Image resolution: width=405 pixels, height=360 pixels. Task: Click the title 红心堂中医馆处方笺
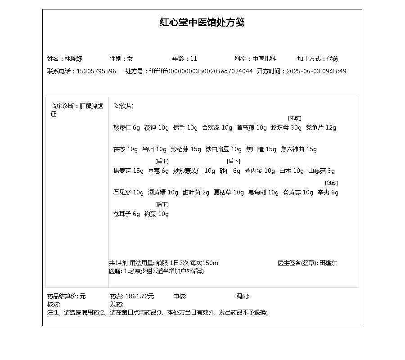[x=202, y=22]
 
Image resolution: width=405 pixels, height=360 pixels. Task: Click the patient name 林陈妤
[x=73, y=58]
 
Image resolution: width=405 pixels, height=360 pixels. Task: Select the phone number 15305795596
[x=96, y=71]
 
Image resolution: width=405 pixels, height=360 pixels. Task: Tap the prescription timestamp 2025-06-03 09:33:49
[x=316, y=71]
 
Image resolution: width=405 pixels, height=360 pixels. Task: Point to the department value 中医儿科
[x=264, y=58]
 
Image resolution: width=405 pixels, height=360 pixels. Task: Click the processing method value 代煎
[x=333, y=58]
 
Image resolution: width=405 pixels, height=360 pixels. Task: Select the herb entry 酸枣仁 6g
[x=126, y=128]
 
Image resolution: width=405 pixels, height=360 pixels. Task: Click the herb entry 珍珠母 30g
[x=286, y=128]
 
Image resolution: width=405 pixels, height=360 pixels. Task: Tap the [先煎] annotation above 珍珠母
[x=295, y=118]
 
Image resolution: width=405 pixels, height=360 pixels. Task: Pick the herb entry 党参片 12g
[x=321, y=128]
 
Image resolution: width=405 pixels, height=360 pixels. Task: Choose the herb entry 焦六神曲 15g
[x=299, y=149]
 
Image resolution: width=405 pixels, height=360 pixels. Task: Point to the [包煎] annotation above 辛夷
[x=332, y=183]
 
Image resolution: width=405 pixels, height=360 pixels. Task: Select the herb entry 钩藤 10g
[x=157, y=214]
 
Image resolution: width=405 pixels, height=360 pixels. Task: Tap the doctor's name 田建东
[x=328, y=263]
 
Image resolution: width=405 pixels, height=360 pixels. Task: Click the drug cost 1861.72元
[x=139, y=296]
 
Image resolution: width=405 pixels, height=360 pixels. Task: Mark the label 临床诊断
[x=63, y=106]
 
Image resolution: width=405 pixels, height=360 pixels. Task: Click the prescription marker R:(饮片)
[x=123, y=106]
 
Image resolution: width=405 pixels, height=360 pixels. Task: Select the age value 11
[x=194, y=58]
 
